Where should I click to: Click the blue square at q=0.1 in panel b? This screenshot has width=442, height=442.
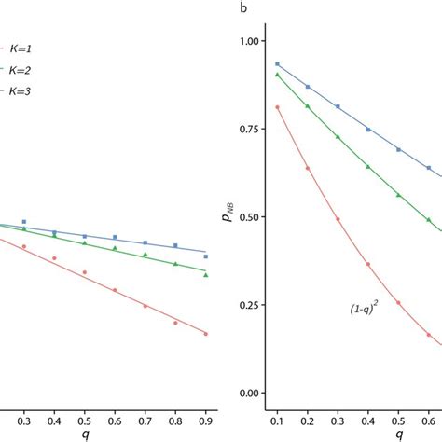[x=277, y=64]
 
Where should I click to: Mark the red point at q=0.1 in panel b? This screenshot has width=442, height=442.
[x=277, y=107]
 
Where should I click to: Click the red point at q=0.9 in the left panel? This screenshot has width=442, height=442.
[x=205, y=333]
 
